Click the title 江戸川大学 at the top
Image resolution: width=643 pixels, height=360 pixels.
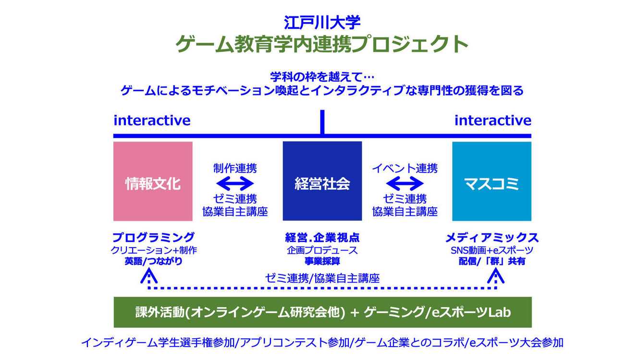[x=321, y=22]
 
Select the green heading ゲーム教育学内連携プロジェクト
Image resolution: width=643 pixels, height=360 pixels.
[x=321, y=45]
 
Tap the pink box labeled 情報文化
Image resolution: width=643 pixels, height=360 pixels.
[x=153, y=181]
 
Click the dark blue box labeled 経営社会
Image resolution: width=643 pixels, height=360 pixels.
[x=322, y=181]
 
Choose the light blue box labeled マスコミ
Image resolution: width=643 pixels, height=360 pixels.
[x=492, y=181]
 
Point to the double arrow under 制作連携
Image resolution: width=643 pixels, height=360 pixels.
[x=235, y=183]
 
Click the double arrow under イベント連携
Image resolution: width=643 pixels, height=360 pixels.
[x=405, y=183]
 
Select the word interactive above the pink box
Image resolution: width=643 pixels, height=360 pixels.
[x=152, y=120]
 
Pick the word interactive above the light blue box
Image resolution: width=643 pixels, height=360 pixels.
[x=493, y=120]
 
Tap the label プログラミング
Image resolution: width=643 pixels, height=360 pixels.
[x=153, y=237]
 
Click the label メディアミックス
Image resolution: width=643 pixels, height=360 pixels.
[x=492, y=237]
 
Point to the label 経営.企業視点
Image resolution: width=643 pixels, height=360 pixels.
[x=322, y=237]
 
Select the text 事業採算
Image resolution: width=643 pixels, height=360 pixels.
[x=322, y=261]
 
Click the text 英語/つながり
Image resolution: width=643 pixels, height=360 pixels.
[x=153, y=261]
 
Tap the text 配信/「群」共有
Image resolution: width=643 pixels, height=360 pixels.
[x=492, y=261]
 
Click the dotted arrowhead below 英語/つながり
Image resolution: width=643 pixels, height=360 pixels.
[x=149, y=276]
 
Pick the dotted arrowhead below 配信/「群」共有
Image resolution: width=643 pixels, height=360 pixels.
[x=495, y=276]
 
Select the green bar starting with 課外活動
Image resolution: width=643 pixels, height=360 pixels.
[x=322, y=312]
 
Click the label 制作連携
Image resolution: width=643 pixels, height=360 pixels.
[x=235, y=168]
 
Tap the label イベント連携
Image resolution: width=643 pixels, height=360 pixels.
[x=405, y=168]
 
